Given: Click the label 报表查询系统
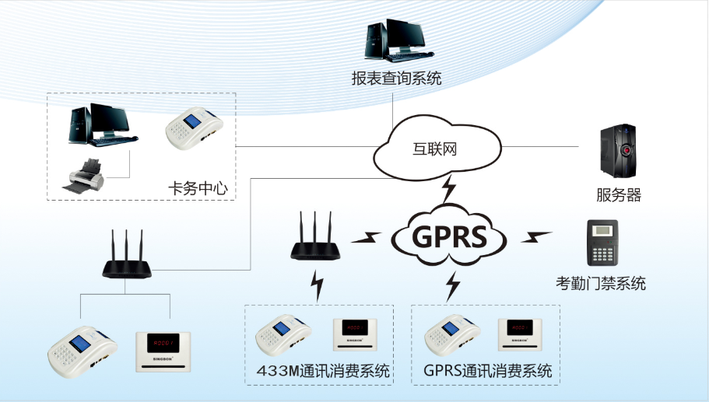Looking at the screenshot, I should tap(396, 79).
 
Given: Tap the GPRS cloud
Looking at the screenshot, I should tap(449, 235).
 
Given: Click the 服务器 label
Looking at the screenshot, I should tap(619, 194).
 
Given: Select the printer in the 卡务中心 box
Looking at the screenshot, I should tap(83, 175).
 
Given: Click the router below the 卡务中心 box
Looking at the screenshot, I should tap(127, 256).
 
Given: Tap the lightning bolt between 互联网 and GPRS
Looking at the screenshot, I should tap(449, 189).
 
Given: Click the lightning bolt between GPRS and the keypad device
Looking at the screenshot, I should tap(536, 235).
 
